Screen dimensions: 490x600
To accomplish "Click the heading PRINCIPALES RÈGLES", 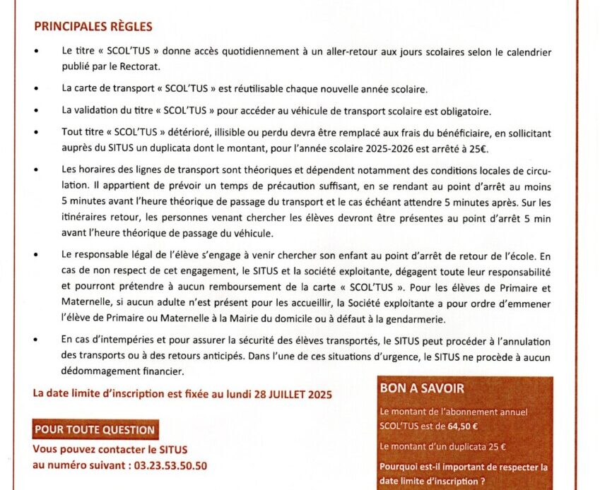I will click(93, 27).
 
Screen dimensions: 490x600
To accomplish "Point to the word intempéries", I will click(124, 341).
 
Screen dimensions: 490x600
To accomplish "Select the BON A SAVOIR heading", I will click(421, 388).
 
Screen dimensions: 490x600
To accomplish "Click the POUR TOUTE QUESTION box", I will click(94, 429).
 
